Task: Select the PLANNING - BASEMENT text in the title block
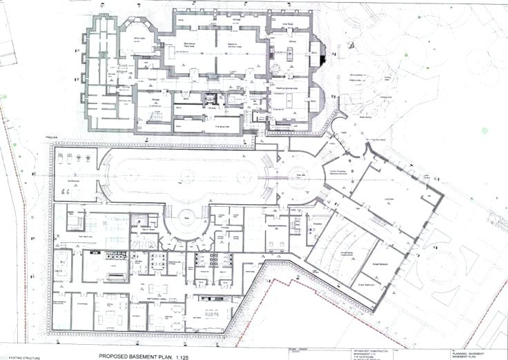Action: pyautogui.click(x=466, y=350)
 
